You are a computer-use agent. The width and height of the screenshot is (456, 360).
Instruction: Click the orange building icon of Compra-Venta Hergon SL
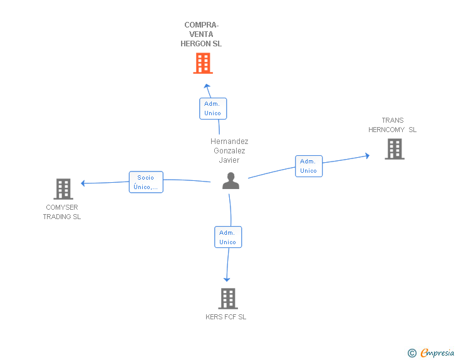[x=202, y=63]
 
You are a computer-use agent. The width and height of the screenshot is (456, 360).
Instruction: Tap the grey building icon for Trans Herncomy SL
[x=394, y=149]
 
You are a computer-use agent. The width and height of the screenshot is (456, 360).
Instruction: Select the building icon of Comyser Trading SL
[x=63, y=188]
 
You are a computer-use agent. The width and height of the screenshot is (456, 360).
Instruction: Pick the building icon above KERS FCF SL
[x=228, y=299]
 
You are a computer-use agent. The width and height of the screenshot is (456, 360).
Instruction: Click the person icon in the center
[x=231, y=181]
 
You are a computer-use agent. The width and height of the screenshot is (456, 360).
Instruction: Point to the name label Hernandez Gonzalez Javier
[x=229, y=150]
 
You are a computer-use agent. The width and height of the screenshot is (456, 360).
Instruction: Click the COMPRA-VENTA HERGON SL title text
[x=201, y=35]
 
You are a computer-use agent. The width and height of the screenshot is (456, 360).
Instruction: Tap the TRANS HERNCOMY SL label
[x=393, y=125]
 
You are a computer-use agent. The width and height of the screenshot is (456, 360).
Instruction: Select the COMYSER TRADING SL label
[x=62, y=212]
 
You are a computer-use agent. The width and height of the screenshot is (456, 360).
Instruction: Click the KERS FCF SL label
[x=226, y=317]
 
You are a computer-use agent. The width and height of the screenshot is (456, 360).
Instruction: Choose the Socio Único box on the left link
[x=146, y=182]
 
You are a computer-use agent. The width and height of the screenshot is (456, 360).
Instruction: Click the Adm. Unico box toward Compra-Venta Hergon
[x=212, y=108]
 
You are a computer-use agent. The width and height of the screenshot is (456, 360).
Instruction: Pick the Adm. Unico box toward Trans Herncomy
[x=308, y=166]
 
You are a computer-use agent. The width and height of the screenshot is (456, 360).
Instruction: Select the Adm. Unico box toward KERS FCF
[x=227, y=237]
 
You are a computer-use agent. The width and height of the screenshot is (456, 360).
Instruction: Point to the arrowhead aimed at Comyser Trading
[x=83, y=183]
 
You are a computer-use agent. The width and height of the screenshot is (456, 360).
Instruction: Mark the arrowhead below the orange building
[x=207, y=85]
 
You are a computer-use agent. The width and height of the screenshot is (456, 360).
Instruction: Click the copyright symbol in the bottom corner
[x=412, y=353]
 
